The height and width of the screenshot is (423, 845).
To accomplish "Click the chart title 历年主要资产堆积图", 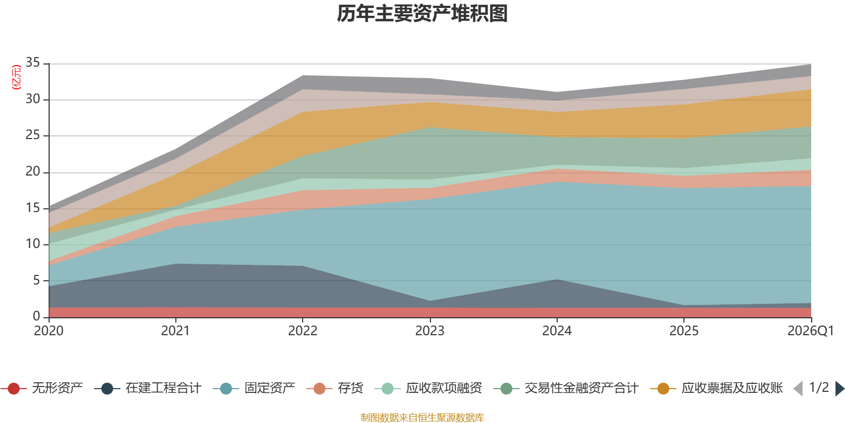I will (x=422, y=14).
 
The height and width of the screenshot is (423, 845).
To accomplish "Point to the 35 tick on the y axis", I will (x=33, y=63).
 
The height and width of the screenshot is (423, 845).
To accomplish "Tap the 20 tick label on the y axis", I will (x=33, y=172).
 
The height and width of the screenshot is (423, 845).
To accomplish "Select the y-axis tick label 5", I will (x=36, y=280).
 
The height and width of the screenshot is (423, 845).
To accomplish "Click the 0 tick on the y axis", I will (x=36, y=316).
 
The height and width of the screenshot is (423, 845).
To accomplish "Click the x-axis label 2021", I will (x=175, y=331).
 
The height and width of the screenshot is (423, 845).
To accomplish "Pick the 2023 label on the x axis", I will (x=429, y=331).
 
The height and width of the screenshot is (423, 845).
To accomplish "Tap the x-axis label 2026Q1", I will (x=810, y=331).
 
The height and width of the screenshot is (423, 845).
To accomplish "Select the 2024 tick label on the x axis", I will (x=557, y=331).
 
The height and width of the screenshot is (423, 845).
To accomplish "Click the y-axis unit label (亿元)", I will (x=16, y=77).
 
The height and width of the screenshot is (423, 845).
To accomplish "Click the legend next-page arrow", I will (x=840, y=389).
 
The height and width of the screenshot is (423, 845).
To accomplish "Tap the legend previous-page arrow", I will (x=798, y=389).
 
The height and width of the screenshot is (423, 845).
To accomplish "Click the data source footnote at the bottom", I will (x=422, y=418).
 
